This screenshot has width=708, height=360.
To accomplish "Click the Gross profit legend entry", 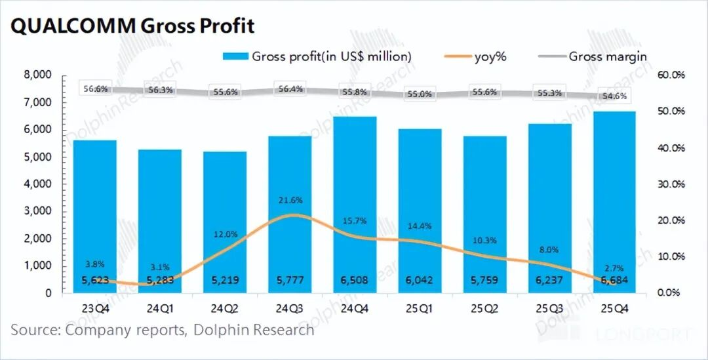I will coord(317,56).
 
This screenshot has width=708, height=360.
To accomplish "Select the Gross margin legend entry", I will coord(593,56).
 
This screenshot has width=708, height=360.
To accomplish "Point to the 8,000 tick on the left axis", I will coord(37,75).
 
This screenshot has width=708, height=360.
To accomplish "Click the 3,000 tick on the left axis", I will coord(37,211).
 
